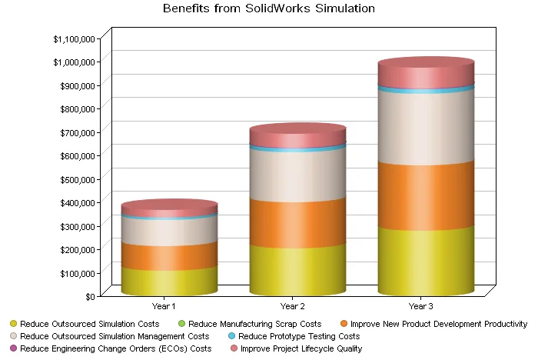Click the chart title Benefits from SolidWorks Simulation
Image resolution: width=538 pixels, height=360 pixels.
pos(269,9)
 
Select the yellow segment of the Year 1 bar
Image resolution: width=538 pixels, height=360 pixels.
pos(169,281)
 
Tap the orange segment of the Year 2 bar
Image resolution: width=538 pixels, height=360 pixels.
pos(297,223)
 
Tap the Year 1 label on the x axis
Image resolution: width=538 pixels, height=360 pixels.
pos(169,305)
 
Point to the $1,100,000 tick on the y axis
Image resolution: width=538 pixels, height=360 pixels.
pos(74,38)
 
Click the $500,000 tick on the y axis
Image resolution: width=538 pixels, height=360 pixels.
pos(76,179)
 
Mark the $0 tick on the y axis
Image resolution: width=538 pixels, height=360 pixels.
pos(90,296)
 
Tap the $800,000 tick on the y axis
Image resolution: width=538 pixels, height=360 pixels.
pos(76,108)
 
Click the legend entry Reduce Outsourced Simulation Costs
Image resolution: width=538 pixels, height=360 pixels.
pos(89,324)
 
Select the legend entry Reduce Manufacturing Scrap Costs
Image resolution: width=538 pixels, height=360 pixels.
pos(254,324)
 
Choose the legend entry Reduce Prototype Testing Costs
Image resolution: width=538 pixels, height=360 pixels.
pos(298,336)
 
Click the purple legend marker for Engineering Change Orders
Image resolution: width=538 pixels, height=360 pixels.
pos(13,348)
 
